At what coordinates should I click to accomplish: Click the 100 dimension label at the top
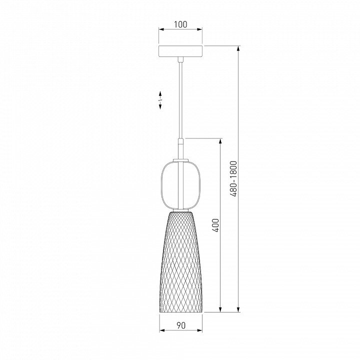coord(180,24)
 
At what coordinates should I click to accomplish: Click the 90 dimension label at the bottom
coord(181,325)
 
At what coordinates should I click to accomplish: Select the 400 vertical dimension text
coord(216,225)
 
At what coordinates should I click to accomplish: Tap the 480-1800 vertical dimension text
coord(233,179)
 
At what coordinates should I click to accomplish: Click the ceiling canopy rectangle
coord(180,51)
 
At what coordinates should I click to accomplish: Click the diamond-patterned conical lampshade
coord(181,261)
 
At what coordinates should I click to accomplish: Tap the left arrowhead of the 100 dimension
coord(161,29)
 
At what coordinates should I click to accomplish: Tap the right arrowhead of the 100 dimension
coord(199,29)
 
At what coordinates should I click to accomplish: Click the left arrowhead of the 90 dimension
coord(162,330)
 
